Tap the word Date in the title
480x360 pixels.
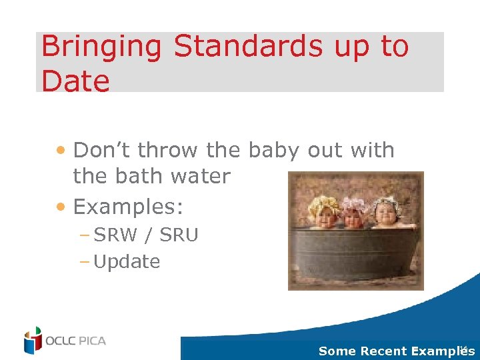click(x=75, y=81)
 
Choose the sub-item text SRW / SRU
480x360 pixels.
click(x=146, y=235)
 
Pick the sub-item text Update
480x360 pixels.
click(x=127, y=262)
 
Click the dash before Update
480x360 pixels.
click(x=86, y=262)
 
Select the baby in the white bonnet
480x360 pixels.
click(x=386, y=212)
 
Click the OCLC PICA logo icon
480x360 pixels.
click(x=33, y=340)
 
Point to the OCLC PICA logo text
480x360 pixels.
click(x=75, y=341)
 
